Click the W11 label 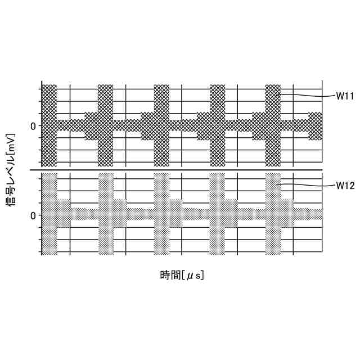pyautogui.click(x=345, y=96)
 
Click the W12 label pyautogui.click(x=345, y=185)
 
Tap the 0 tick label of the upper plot pyautogui.click(x=33, y=125)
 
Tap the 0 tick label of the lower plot pyautogui.click(x=33, y=215)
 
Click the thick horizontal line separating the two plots pyautogui.click(x=180, y=170)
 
